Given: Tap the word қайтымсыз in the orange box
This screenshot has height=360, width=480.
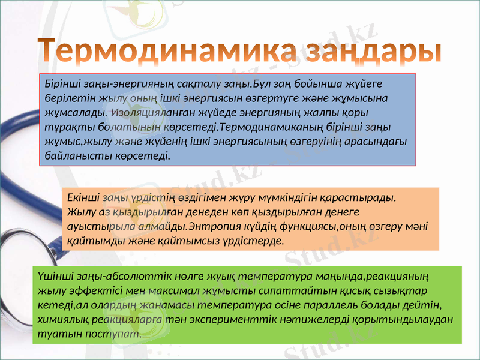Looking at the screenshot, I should coord(187,241).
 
